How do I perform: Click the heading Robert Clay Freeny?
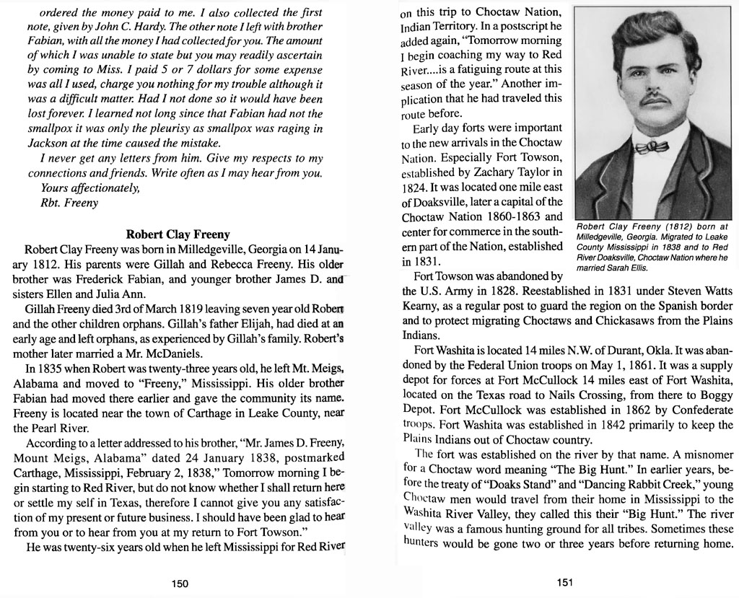click(x=178, y=234)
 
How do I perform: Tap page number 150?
click(x=180, y=584)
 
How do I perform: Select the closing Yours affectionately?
click(x=89, y=188)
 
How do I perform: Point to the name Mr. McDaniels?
click(x=163, y=353)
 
